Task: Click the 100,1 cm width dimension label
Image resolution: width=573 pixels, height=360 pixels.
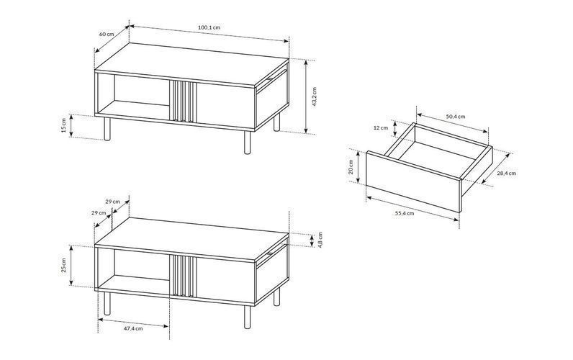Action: [x=209, y=27]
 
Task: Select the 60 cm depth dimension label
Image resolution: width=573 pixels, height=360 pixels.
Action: [x=107, y=34]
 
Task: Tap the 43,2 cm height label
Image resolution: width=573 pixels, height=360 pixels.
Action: [x=315, y=96]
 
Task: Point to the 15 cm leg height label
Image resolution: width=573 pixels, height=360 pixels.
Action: [x=64, y=126]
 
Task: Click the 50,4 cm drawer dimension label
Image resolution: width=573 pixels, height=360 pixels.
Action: [x=456, y=117]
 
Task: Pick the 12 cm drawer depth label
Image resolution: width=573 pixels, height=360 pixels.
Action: [x=381, y=128]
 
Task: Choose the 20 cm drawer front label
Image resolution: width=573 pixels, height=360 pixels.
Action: [x=351, y=166]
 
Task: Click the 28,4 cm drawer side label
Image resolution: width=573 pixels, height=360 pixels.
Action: [x=506, y=174]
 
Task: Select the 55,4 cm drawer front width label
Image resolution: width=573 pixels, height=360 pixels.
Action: [x=405, y=213]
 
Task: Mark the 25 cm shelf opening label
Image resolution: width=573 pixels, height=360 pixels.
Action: [x=64, y=266]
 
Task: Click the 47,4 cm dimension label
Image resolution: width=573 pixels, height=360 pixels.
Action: [x=133, y=328]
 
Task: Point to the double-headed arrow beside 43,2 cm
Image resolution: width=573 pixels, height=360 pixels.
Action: [x=306, y=96]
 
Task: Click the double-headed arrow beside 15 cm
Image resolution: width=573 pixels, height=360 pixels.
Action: [x=72, y=126]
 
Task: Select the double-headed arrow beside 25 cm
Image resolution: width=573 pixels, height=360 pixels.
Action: [x=72, y=266]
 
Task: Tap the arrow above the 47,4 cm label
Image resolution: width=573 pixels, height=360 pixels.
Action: [x=134, y=323]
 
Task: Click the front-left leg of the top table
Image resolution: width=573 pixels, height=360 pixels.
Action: [x=107, y=129]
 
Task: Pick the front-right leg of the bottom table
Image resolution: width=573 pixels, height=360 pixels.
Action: [x=248, y=317]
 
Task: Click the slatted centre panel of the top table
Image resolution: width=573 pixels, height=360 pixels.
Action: [x=183, y=101]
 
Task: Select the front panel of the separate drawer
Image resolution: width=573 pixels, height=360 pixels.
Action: [x=413, y=181]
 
